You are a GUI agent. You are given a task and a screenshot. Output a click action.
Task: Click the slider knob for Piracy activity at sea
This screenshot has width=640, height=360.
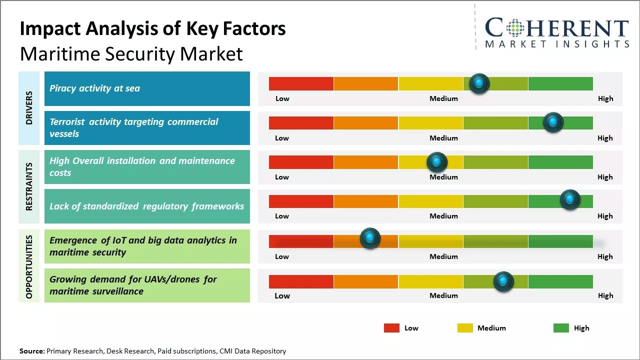pos(479,83)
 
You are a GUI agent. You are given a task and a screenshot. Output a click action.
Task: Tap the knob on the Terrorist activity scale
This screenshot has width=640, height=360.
pos(553,122)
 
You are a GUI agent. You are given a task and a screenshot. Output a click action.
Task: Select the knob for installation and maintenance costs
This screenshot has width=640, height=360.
pos(437,162)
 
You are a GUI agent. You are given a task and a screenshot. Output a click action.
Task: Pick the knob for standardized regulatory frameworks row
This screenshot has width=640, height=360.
pos(570,199)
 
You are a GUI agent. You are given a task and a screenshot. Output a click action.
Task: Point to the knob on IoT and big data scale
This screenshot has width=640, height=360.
pos(370,238)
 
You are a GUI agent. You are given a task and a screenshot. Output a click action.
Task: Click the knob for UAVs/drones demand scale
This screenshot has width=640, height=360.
pos(503,281)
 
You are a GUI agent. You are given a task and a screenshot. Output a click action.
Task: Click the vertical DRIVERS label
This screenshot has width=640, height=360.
pos(29,108)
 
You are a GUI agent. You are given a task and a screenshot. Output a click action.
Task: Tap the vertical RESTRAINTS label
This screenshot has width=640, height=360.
pos(29,186)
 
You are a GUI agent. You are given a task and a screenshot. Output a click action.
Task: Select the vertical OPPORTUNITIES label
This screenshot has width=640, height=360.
pos(29,266)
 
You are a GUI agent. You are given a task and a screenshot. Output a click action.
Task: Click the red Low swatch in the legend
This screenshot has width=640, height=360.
pos(391,328)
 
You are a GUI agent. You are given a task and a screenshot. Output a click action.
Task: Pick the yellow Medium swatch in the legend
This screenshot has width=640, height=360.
pos(465,328)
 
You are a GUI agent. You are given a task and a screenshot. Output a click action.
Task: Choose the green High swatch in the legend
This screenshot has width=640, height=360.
pos(561,328)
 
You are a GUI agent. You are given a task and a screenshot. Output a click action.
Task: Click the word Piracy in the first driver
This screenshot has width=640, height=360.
pos(62,88)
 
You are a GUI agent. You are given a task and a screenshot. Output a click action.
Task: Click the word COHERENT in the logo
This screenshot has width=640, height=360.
pos(556,28)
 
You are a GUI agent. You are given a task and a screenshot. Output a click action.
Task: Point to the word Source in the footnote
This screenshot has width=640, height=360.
pos(32,351)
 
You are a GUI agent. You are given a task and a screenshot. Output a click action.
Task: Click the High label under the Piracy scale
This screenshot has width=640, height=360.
pos(605,98)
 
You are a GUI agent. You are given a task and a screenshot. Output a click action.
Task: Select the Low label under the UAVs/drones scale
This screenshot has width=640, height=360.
pos(282,295)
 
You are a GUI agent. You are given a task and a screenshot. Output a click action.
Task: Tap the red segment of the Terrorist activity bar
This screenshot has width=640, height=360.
pos(301,123)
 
